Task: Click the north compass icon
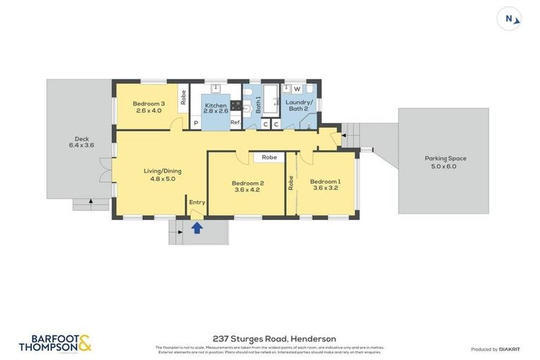click(509, 19)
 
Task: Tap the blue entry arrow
click(198, 228)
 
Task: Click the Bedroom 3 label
click(148, 106)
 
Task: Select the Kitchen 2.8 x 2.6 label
click(216, 108)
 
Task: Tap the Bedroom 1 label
click(325, 184)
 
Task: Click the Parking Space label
click(445, 162)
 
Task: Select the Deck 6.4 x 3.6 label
click(82, 141)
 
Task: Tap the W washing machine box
click(297, 89)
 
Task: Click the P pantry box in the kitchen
click(196, 123)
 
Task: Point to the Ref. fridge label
click(235, 123)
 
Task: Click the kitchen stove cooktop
click(238, 107)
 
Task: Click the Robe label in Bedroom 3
click(184, 98)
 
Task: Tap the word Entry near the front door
click(198, 202)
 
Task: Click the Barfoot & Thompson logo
click(55, 343)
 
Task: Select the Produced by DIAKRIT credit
click(494, 349)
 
